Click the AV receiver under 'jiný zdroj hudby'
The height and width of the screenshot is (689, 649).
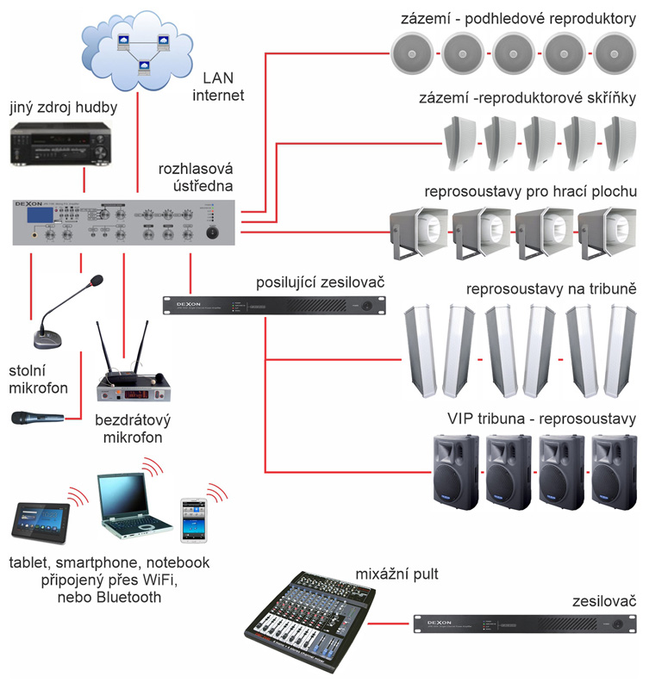pyautogui.click(x=59, y=143)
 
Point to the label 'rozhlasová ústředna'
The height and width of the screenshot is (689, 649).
pyautogui.click(x=197, y=177)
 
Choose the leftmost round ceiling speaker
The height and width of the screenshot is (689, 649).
pyautogui.click(x=413, y=53)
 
